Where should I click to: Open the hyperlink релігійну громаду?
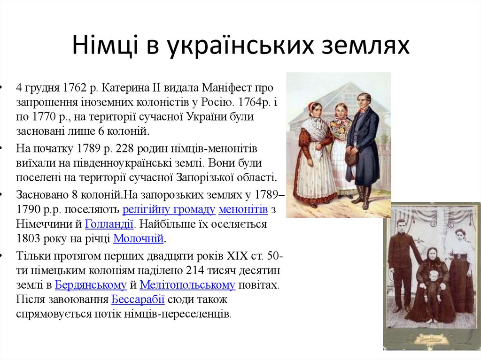(x=169, y=210)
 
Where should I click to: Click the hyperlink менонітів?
(x=243, y=210)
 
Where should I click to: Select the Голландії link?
(x=109, y=224)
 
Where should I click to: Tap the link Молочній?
(x=139, y=239)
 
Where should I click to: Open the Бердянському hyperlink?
(x=91, y=284)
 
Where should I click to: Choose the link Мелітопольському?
(x=187, y=284)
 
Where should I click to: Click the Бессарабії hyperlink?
(x=138, y=299)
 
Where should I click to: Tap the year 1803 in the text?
(x=28, y=239)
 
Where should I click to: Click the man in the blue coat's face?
(x=363, y=100)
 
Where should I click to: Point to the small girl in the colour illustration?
(x=341, y=146)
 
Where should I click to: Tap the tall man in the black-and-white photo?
(x=402, y=263)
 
